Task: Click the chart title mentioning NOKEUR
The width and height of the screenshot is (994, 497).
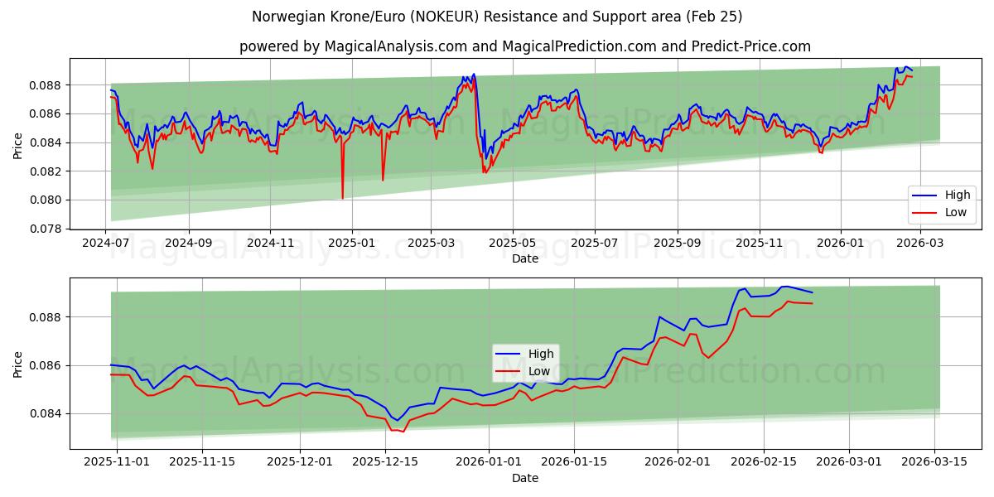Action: [497, 17]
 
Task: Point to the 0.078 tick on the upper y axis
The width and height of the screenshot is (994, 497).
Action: [47, 229]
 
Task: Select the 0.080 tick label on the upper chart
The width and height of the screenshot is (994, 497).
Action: [47, 200]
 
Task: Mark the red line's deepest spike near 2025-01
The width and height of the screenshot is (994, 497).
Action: [342, 198]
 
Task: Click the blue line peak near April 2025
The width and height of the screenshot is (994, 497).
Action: [473, 75]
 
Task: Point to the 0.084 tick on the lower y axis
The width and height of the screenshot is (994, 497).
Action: [47, 413]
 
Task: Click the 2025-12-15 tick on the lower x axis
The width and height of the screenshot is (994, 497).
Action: [385, 461]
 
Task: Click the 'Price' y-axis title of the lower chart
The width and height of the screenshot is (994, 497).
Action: [18, 364]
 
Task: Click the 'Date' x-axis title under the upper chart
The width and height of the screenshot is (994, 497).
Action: [525, 258]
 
